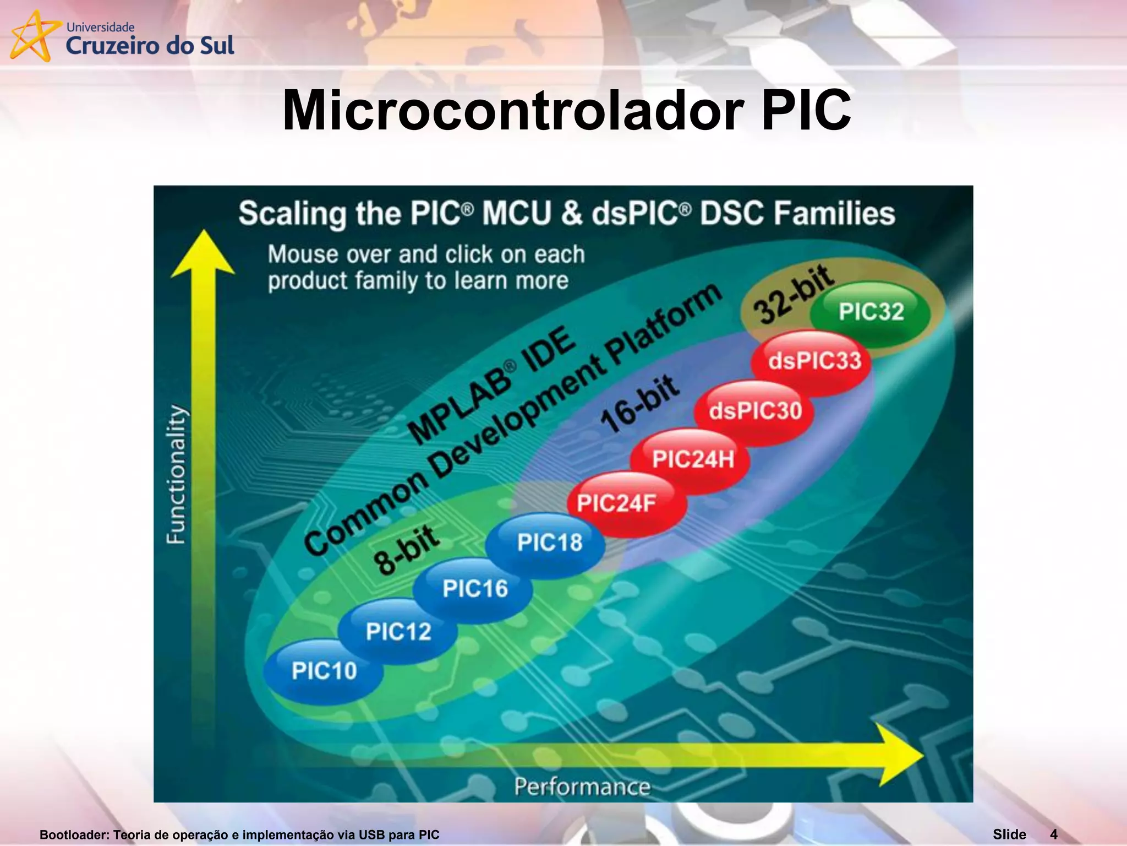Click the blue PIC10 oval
coord(324,671)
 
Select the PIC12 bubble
coord(398,631)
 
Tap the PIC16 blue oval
coord(474,589)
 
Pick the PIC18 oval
coord(548,543)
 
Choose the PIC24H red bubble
coord(692,459)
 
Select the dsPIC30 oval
coord(755,411)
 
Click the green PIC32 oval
coord(871,312)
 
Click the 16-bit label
coord(640,404)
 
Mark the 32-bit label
coord(792,294)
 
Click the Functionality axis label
coord(176,475)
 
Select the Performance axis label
coord(582,787)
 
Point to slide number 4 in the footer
coord(1053,834)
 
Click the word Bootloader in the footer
coord(74,835)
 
